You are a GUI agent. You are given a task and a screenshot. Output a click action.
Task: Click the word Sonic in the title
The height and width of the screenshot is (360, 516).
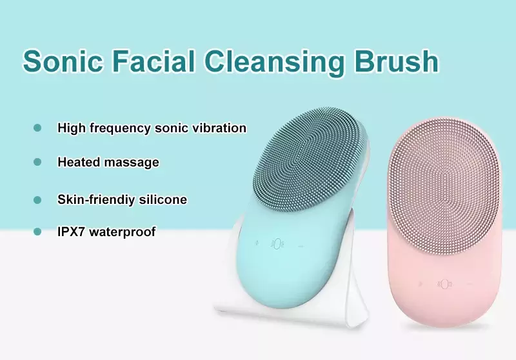tap(63, 61)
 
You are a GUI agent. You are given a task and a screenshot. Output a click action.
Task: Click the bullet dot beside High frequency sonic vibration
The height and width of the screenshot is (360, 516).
tap(37, 128)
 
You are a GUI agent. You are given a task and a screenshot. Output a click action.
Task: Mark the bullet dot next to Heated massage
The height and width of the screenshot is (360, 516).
tap(37, 162)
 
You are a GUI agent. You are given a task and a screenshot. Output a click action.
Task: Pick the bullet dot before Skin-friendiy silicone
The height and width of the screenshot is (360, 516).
tap(37, 200)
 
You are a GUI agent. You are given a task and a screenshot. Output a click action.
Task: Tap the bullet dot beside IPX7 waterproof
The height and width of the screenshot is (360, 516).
tap(37, 232)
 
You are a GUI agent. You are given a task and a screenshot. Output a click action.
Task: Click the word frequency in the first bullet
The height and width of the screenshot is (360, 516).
tap(120, 128)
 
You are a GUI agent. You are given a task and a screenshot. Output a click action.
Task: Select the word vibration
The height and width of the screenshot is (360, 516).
tap(219, 127)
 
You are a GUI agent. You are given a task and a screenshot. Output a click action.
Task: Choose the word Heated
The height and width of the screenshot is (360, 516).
tap(79, 162)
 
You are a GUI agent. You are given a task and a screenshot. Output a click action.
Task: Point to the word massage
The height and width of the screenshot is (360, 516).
tap(132, 163)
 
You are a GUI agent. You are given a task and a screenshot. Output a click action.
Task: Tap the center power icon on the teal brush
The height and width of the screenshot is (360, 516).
tap(277, 244)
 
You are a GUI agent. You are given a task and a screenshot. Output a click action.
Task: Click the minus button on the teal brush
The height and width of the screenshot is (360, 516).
tap(301, 246)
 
